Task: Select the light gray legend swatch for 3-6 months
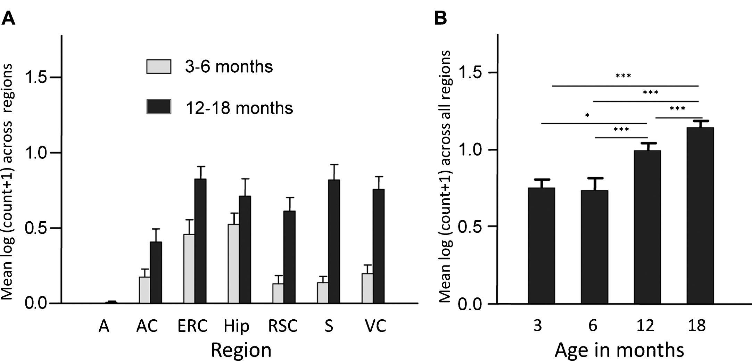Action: pos(159,66)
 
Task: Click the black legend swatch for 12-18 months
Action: pos(159,107)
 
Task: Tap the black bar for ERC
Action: pos(200,241)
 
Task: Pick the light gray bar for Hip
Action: pos(233,264)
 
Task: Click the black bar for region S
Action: pos(334,242)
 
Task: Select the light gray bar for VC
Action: pos(367,288)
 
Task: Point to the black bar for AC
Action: pos(156,273)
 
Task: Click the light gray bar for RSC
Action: pos(278,294)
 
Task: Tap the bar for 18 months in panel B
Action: pos(700,216)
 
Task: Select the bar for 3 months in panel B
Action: pos(542,246)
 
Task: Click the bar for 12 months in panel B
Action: pos(647,227)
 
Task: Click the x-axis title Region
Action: pos(241,350)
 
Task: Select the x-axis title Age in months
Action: pos(619,350)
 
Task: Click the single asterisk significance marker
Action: pos(587,115)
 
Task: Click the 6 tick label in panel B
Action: pos(593,326)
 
